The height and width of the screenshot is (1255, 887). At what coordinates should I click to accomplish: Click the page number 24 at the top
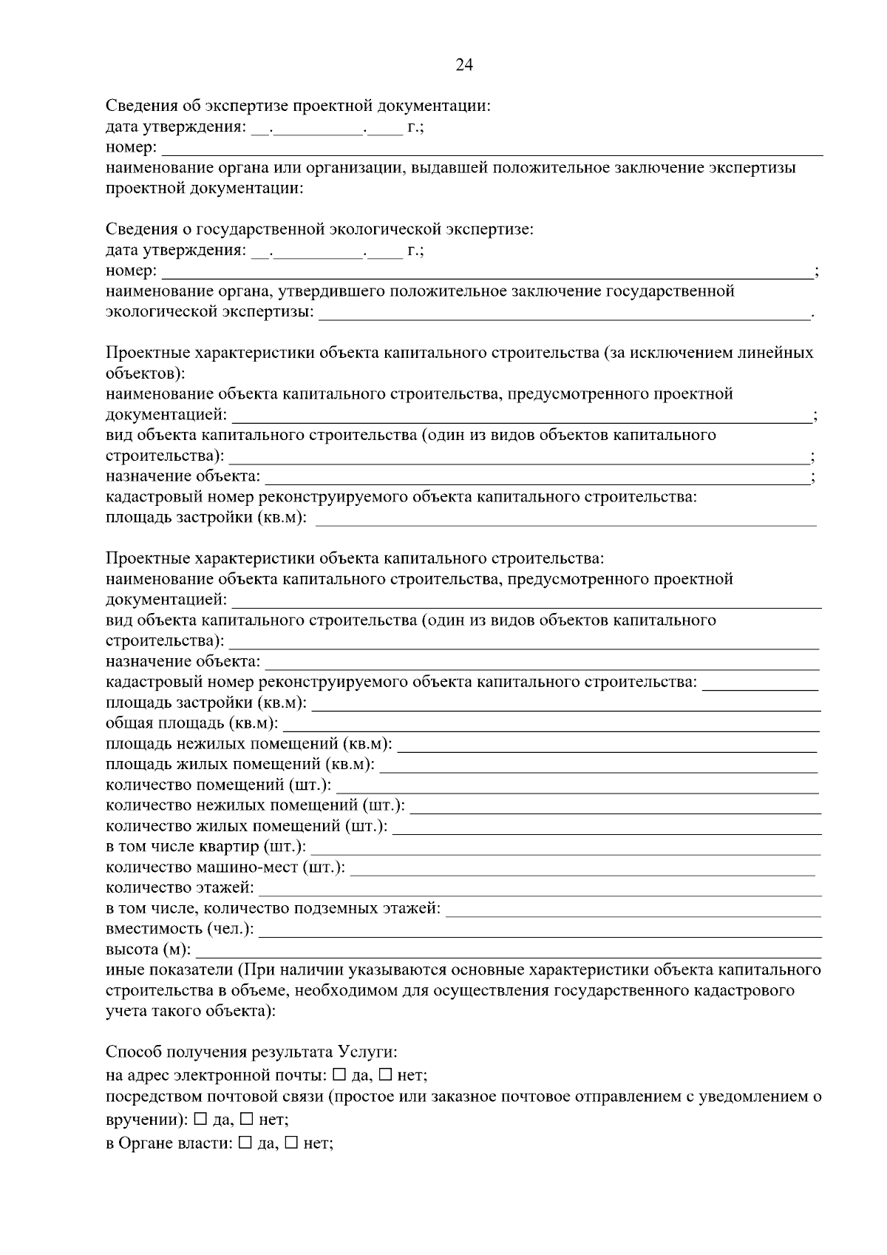(x=464, y=65)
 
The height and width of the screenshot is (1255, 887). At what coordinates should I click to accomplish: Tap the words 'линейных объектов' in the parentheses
(x=775, y=353)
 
